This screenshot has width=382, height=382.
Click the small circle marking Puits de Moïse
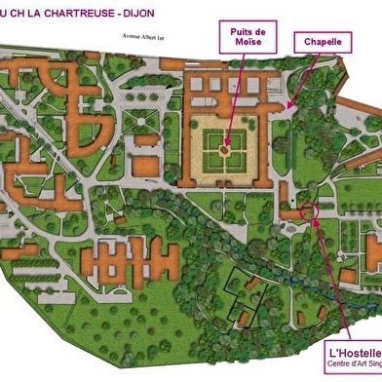pos(227,148)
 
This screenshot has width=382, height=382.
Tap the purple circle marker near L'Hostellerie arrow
pos(310,210)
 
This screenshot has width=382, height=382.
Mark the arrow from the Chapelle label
pos(302,78)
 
